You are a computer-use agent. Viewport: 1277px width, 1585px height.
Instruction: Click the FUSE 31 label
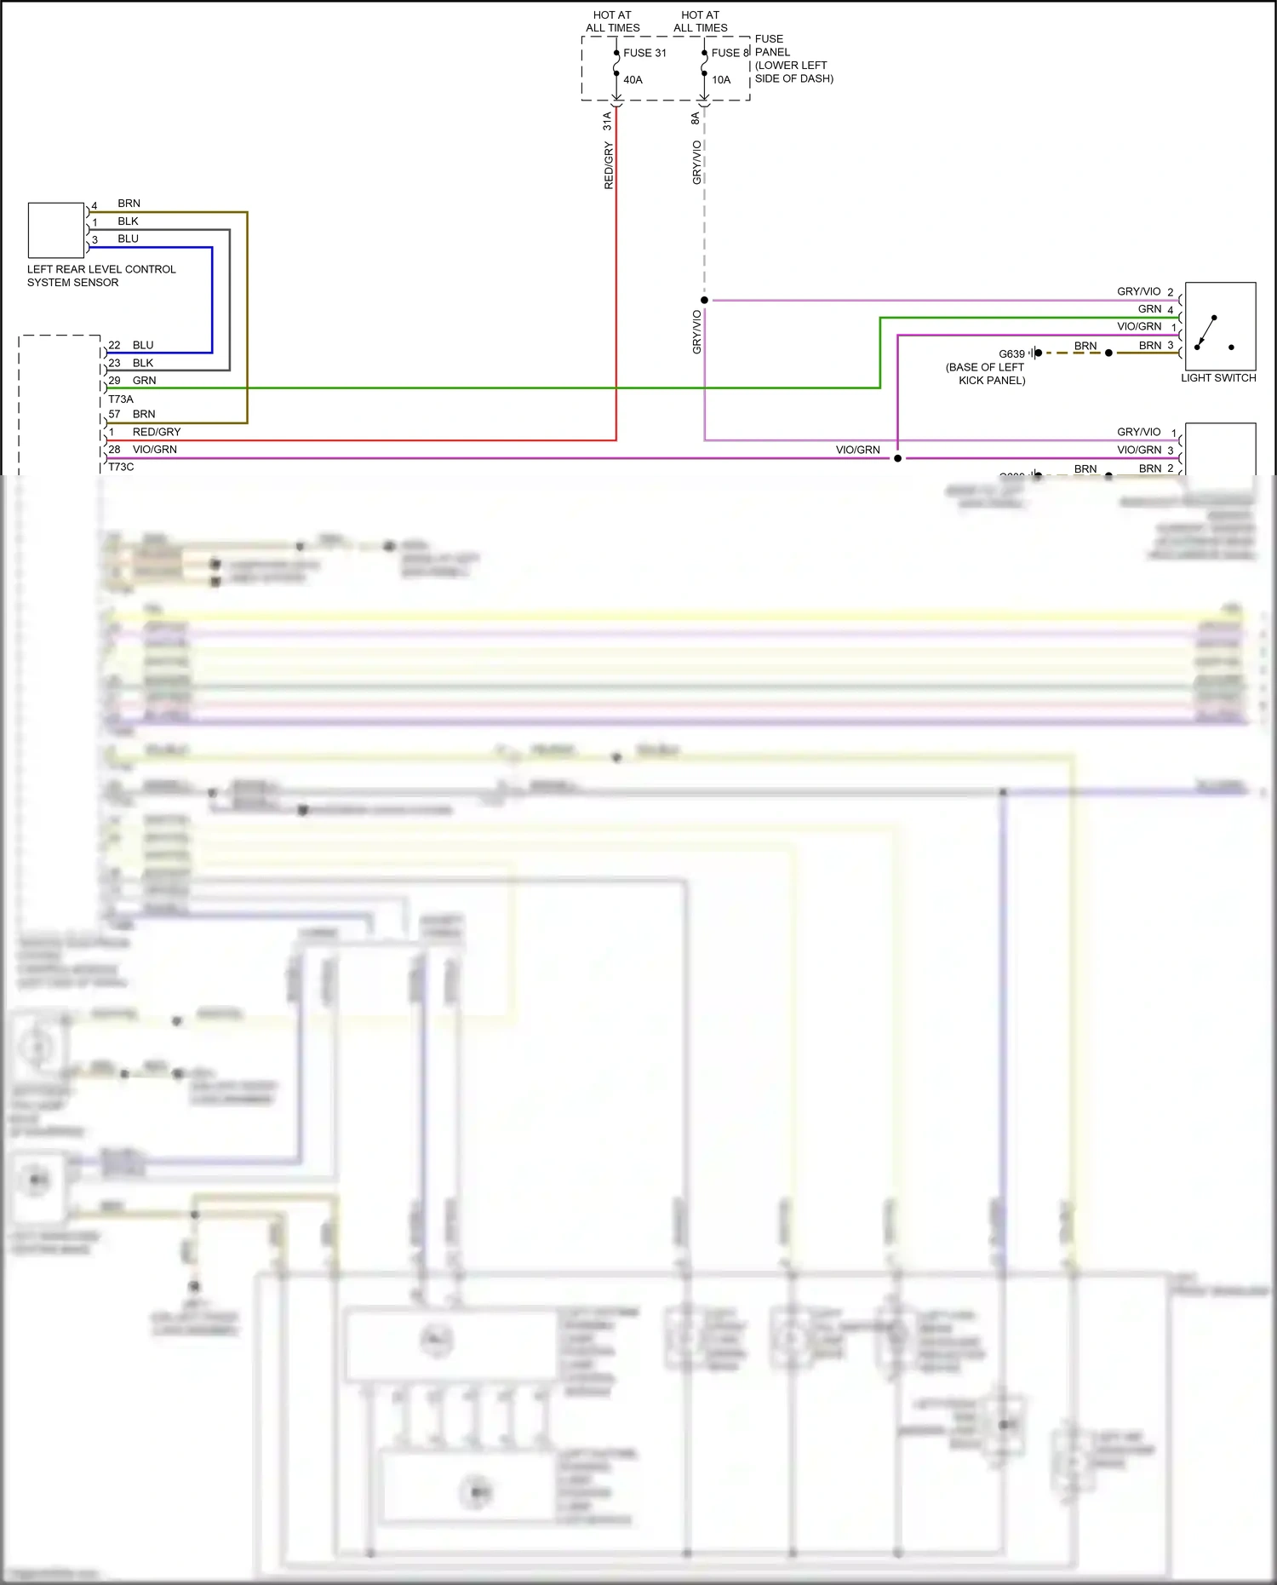(x=644, y=53)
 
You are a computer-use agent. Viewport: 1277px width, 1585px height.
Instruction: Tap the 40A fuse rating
(x=633, y=80)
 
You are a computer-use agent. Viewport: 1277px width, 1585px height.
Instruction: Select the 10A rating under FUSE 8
(x=721, y=80)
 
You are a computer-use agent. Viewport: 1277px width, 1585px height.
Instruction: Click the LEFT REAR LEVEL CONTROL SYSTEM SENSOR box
(x=56, y=230)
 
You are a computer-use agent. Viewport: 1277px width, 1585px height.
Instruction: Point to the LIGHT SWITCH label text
(x=1218, y=378)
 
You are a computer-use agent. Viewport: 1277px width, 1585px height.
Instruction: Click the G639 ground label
(x=1011, y=354)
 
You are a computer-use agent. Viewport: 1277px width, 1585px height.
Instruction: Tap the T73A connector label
(x=121, y=399)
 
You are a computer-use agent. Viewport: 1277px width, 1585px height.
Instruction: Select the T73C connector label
(x=121, y=467)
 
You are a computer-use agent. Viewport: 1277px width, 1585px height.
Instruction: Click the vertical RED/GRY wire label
(x=609, y=166)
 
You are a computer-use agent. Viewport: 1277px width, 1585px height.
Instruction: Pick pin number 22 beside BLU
(x=114, y=345)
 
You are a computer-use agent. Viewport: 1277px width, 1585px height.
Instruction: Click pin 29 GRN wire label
(x=144, y=381)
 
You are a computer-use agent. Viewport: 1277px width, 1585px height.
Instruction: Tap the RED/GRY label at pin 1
(x=157, y=432)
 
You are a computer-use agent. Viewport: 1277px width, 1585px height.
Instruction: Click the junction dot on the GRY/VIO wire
(x=704, y=300)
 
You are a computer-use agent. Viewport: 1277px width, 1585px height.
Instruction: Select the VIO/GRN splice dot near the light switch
(x=897, y=458)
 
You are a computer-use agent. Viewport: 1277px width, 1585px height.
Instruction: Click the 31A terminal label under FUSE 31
(x=608, y=121)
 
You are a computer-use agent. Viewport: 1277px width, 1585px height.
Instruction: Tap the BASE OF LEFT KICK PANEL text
(x=986, y=374)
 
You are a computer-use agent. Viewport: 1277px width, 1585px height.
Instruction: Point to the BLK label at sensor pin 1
(x=128, y=221)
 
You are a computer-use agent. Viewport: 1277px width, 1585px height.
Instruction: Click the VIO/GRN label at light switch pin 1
(x=1139, y=327)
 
